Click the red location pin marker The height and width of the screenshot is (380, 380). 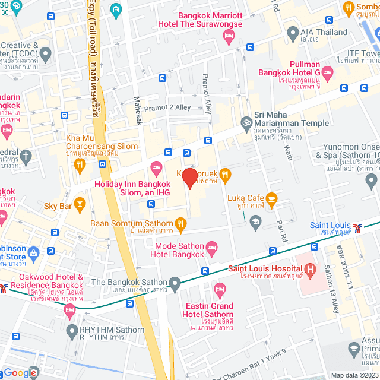(189, 178)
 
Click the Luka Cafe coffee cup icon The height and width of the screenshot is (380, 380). (271, 198)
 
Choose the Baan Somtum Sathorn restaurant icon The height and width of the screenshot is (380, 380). (181, 224)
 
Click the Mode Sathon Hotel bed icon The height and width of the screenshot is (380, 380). (212, 246)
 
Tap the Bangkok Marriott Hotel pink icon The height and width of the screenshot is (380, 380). (228, 37)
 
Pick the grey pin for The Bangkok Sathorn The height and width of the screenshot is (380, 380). (174, 282)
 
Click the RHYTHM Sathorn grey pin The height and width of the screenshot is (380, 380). (72, 330)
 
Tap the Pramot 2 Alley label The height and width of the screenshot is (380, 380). (167, 107)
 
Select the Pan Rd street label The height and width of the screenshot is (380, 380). (281, 227)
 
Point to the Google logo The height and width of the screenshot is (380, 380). (20, 372)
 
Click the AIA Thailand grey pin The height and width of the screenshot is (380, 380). (292, 32)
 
